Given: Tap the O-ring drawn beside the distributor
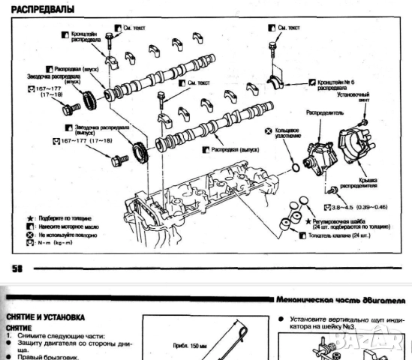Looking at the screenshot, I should point(296,163).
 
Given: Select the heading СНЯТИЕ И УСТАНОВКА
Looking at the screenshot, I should point(44,317).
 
